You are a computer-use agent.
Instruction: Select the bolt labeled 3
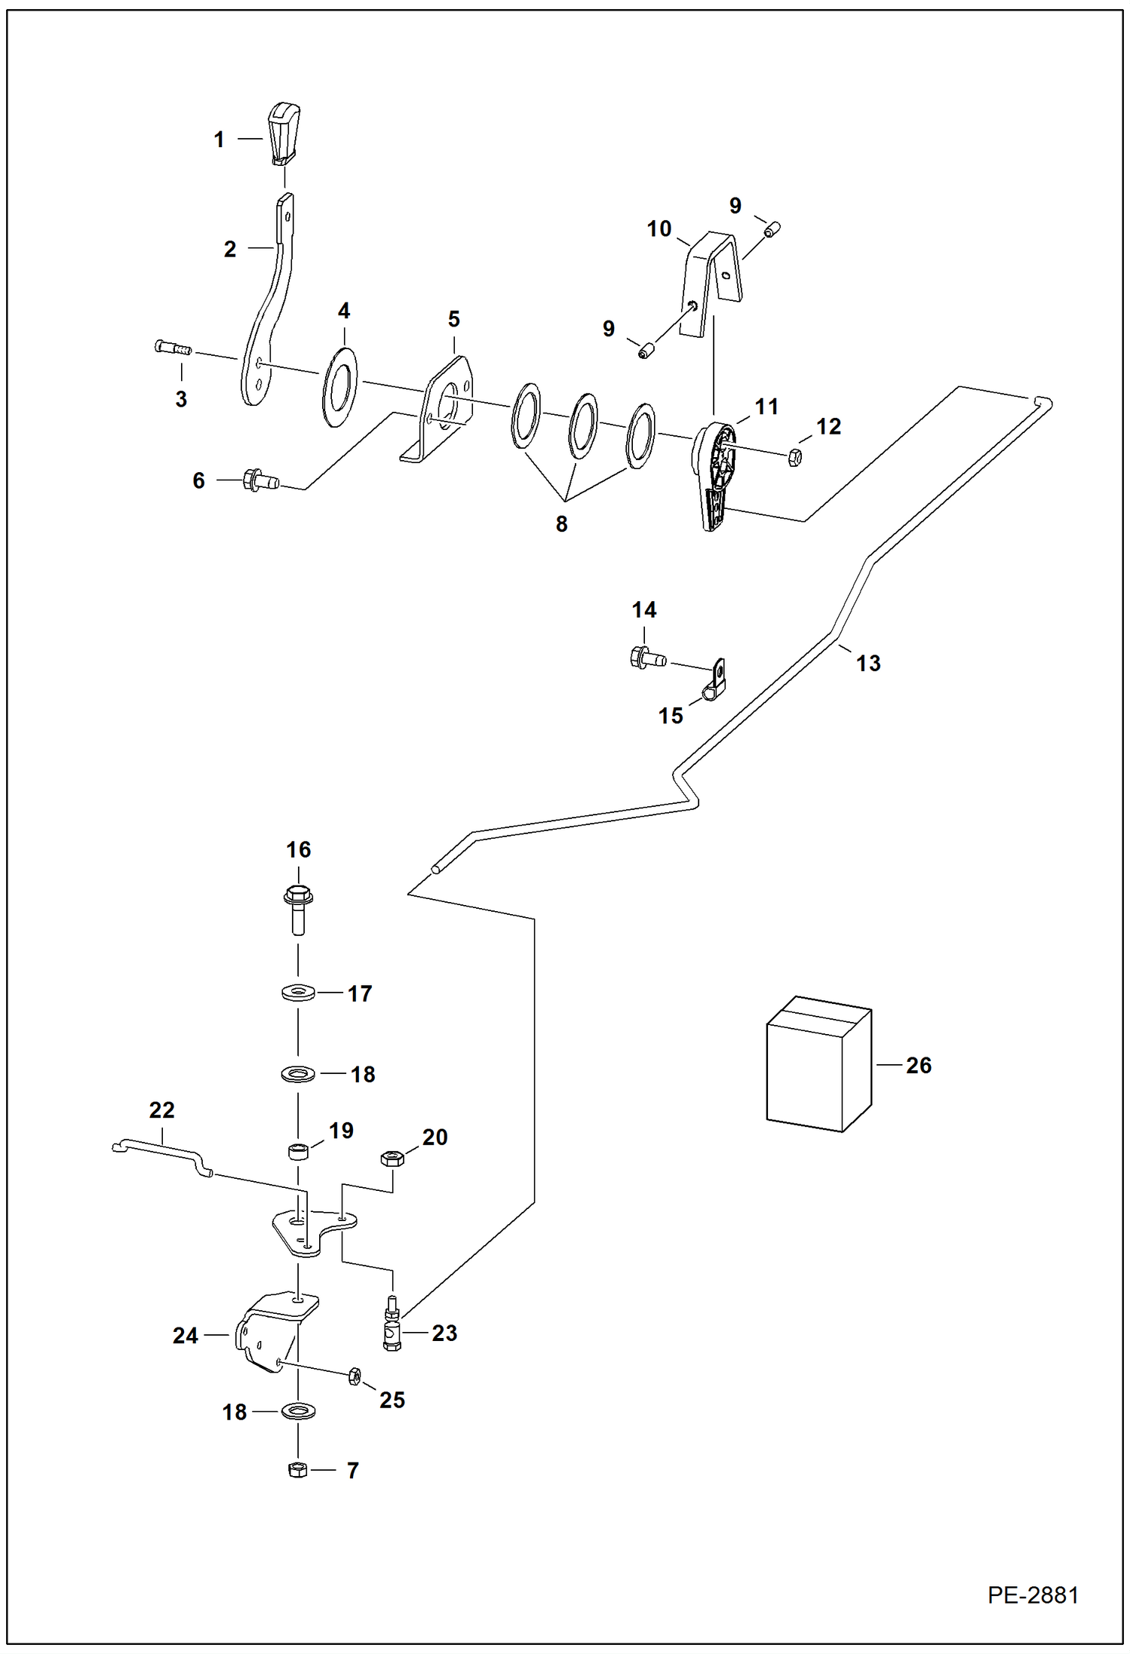click(173, 348)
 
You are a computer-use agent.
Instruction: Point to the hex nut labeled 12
click(794, 457)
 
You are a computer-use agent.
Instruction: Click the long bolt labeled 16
click(298, 910)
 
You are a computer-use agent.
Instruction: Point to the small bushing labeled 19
click(299, 1152)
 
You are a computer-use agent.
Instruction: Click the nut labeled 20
click(392, 1158)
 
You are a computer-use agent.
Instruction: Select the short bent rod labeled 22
click(162, 1153)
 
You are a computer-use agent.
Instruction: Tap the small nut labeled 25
click(355, 1377)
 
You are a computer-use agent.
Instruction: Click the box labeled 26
click(818, 1065)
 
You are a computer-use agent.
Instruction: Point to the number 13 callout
click(867, 663)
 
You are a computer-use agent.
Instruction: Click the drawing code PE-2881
click(1033, 1595)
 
